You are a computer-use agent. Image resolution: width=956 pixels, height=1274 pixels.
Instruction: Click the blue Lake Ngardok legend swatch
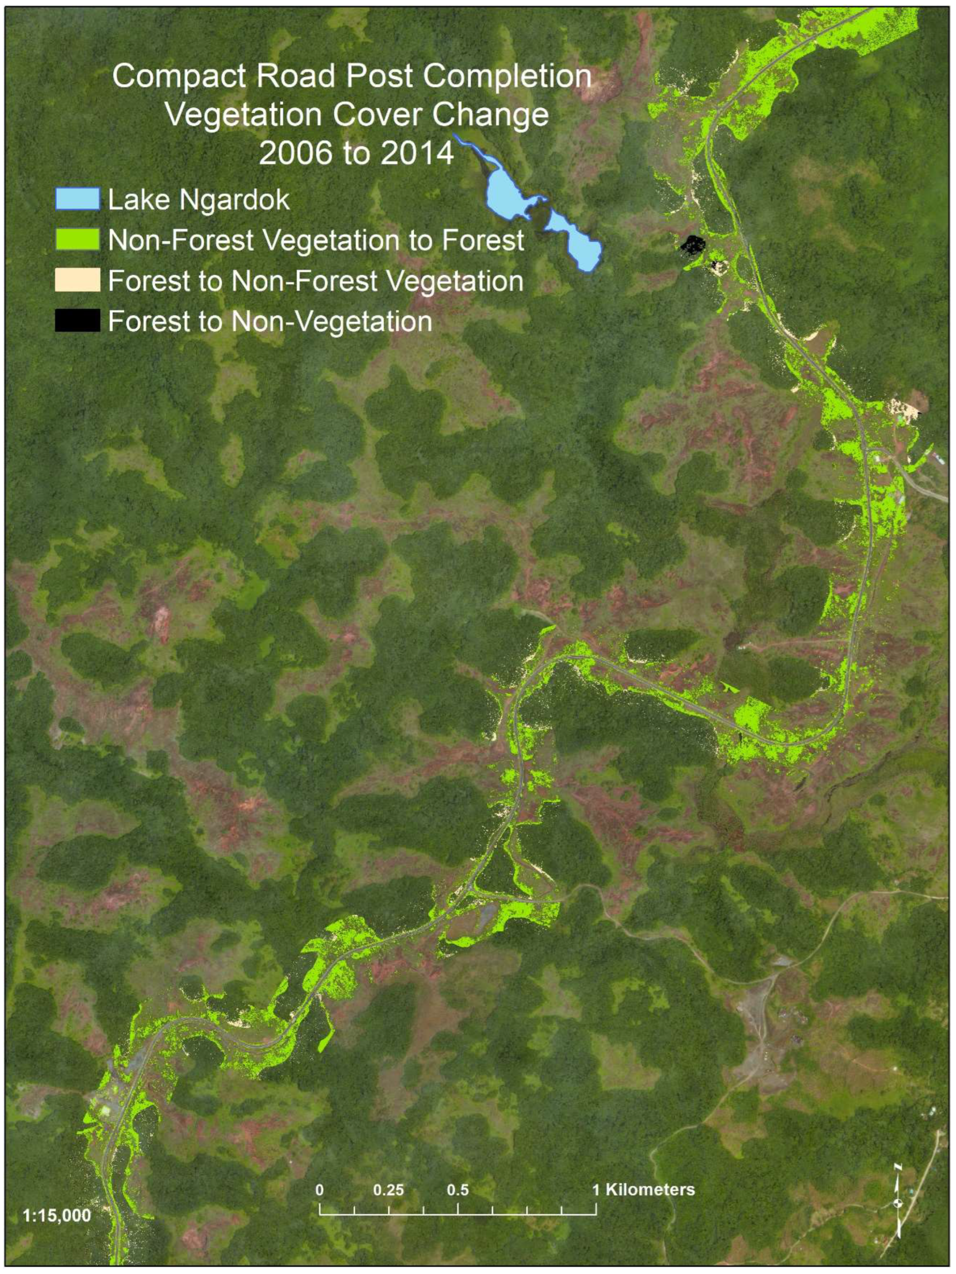[77, 199]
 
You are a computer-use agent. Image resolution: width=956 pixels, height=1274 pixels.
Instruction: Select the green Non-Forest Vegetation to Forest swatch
[77, 239]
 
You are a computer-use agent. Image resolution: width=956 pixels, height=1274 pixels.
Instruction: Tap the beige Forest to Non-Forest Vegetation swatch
[77, 280]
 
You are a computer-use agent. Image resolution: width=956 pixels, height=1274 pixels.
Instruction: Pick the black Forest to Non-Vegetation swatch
[77, 321]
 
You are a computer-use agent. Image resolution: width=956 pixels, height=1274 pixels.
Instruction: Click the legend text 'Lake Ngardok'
[199, 200]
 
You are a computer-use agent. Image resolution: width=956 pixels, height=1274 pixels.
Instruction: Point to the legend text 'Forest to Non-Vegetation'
[270, 321]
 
